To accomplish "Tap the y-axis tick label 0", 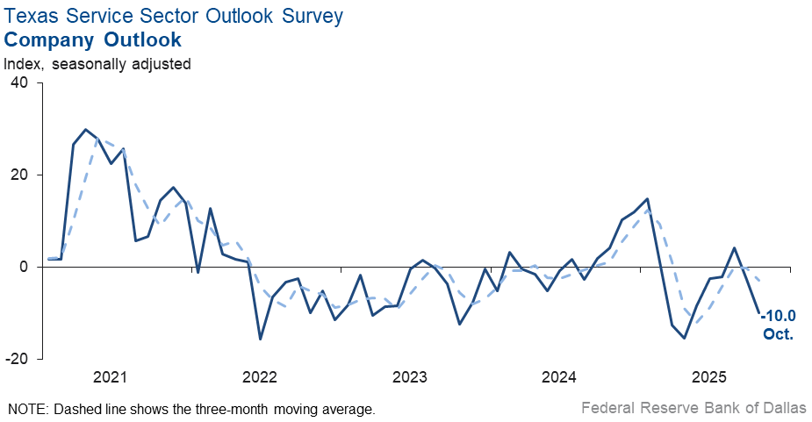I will [24, 267].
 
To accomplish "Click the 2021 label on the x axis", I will [110, 378].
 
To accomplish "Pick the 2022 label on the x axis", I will [260, 378].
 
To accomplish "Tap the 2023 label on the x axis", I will [409, 378].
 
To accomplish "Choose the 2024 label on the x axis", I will [559, 378].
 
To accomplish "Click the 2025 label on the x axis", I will [709, 378].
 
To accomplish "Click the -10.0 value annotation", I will [779, 316].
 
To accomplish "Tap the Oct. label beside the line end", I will [779, 333].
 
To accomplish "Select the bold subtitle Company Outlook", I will [93, 39].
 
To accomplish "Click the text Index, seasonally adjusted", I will [97, 63].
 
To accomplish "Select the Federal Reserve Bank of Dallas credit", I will [693, 408].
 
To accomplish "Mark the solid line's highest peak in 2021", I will [85, 130].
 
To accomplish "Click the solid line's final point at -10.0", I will [759, 312].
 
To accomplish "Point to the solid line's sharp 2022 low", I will [260, 339].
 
